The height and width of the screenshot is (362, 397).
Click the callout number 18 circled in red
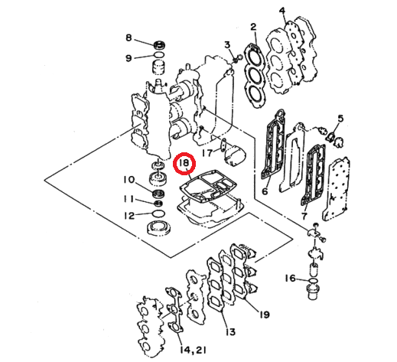184,164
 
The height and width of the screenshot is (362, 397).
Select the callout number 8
129,38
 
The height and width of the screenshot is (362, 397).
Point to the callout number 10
129,180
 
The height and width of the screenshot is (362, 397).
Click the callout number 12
129,215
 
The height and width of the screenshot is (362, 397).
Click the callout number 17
205,153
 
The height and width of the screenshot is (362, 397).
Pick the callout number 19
265,315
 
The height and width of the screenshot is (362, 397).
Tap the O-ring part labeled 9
159,57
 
